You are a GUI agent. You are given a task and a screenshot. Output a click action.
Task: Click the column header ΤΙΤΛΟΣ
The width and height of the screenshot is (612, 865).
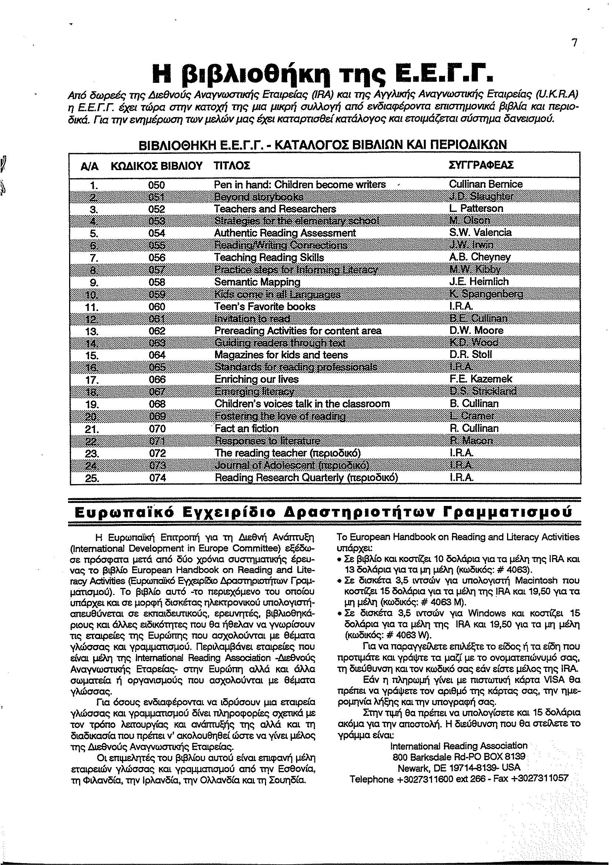[232, 166]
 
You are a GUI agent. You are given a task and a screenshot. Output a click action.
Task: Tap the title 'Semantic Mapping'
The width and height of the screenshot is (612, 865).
[257, 282]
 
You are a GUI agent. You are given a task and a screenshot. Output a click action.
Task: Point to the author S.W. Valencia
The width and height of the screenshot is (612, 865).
[480, 232]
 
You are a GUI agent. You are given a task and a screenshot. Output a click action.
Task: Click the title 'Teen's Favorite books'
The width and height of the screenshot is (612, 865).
[265, 307]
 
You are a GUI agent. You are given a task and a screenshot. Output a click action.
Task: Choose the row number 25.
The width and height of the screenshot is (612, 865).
[92, 479]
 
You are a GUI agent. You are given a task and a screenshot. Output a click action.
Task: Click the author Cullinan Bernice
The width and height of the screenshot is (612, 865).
[486, 185]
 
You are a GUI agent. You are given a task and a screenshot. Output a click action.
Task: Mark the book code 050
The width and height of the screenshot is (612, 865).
[157, 185]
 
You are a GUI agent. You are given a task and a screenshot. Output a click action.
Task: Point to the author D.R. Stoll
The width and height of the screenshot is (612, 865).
[471, 355]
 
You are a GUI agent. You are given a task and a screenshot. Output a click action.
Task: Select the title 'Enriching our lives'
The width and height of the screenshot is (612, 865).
[256, 379]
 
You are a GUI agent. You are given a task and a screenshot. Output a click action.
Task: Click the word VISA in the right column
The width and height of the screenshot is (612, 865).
[553, 680]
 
